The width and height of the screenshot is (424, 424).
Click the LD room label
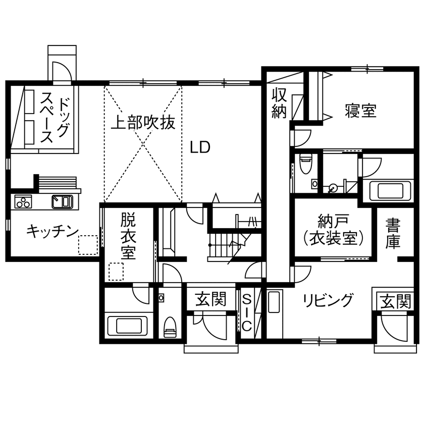[x=200, y=147]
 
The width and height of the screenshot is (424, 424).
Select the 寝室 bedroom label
[x=361, y=111]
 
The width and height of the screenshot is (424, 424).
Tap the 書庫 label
[x=393, y=233]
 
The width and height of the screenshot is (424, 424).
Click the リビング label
[x=328, y=300]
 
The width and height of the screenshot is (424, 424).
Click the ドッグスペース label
[x=56, y=119]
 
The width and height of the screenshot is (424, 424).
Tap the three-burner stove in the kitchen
[x=23, y=202]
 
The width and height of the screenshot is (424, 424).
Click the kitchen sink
[x=63, y=201]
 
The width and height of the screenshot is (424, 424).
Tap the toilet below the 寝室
[x=306, y=165]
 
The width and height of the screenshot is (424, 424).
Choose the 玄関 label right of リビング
[x=395, y=302]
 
